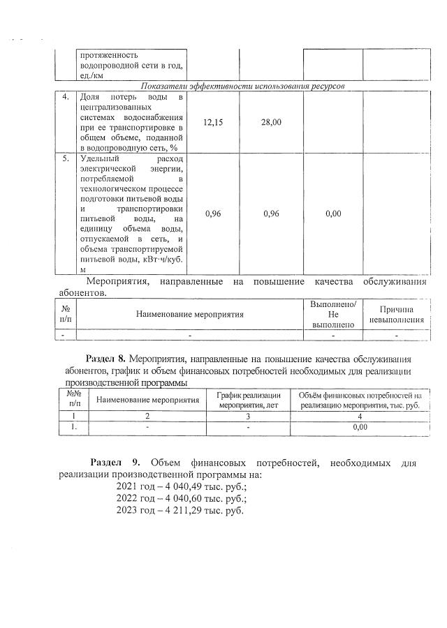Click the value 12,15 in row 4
[213, 123]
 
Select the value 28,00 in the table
[271, 123]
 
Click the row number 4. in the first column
[65, 96]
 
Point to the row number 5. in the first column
[65, 158]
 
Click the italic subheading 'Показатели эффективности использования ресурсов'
[242, 85]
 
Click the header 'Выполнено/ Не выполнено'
[333, 314]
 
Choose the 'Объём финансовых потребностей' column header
[360, 400]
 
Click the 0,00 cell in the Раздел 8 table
[360, 427]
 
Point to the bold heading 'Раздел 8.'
[105, 359]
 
